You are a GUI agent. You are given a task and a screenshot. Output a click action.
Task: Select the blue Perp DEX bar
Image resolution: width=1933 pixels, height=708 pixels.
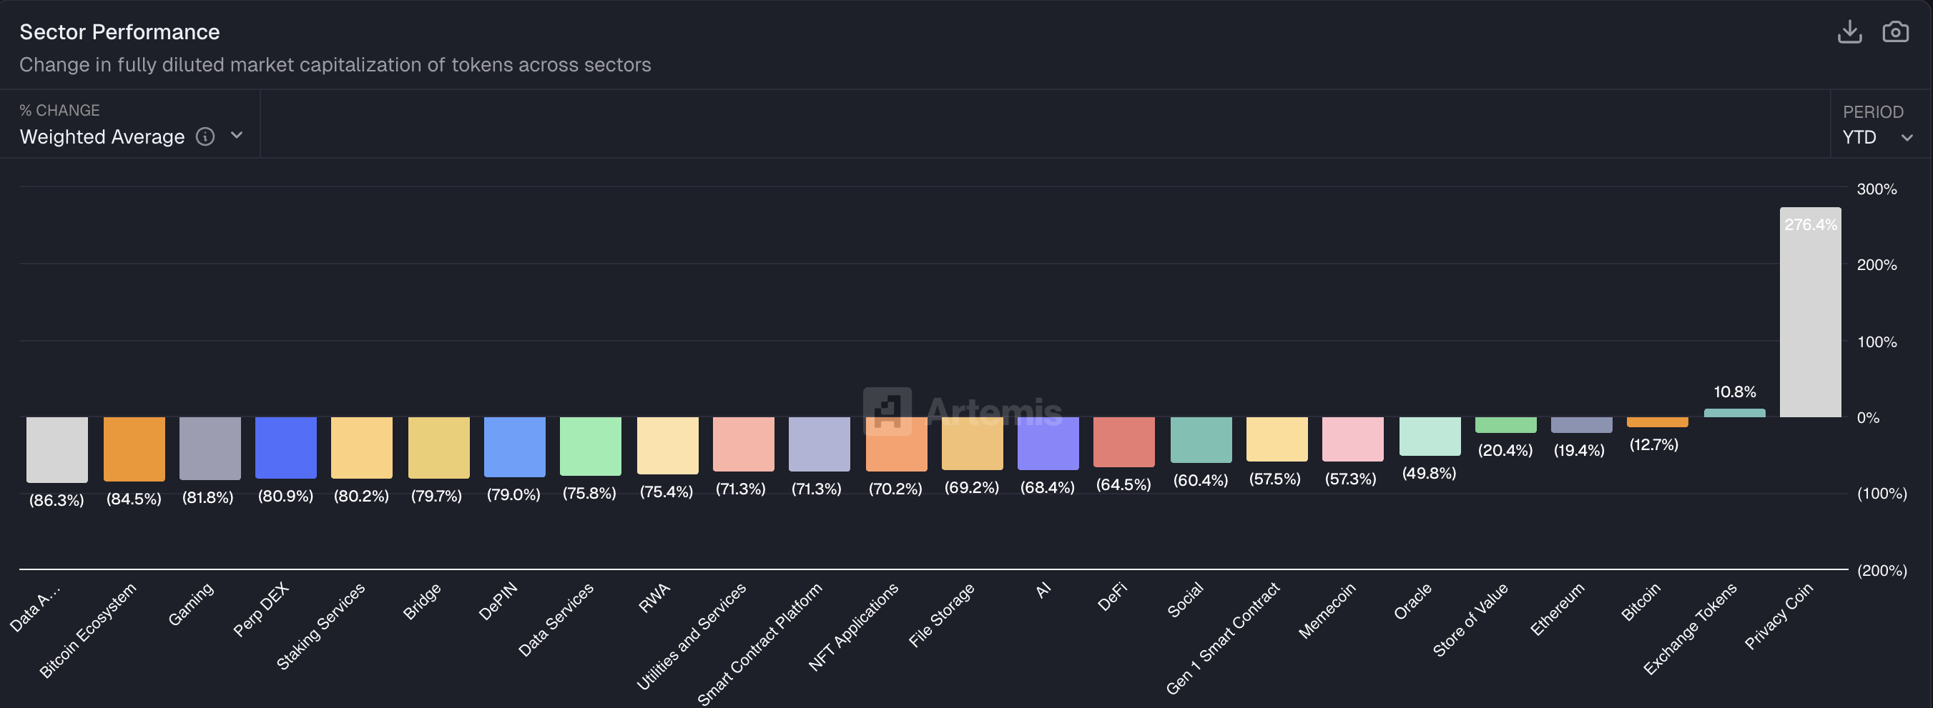[285, 447]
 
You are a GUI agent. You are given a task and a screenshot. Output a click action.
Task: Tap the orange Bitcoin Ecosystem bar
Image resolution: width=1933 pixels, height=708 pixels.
[134, 449]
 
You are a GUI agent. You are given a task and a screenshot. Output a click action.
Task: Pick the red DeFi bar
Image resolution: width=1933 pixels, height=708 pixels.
[1123, 442]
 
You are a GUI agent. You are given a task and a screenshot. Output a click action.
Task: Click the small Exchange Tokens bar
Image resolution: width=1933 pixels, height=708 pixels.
[1734, 413]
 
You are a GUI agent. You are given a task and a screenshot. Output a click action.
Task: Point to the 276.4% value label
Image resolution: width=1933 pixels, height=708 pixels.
[1810, 224]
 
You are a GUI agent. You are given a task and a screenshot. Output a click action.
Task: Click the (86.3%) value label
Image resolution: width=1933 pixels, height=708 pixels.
[56, 500]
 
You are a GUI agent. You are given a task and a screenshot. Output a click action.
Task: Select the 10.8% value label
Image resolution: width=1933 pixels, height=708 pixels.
[1734, 392]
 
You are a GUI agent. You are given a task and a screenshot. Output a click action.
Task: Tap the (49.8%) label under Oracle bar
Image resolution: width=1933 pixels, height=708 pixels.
[1429, 473]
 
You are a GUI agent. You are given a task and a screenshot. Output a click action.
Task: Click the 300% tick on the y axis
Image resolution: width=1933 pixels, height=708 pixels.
[1876, 189]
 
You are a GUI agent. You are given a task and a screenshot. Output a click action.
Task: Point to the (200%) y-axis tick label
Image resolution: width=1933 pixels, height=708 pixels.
[1882, 571]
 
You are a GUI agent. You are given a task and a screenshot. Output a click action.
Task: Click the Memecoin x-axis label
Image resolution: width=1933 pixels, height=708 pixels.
[1327, 611]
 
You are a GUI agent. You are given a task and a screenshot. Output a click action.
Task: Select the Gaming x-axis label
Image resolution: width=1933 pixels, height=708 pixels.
[191, 604]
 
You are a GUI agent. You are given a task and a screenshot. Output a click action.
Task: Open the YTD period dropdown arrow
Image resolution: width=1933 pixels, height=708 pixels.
[1907, 138]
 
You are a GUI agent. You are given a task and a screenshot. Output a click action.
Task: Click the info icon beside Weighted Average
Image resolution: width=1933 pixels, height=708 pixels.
[205, 136]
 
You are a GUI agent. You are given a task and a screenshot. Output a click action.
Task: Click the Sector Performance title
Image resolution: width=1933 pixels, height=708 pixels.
[119, 32]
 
